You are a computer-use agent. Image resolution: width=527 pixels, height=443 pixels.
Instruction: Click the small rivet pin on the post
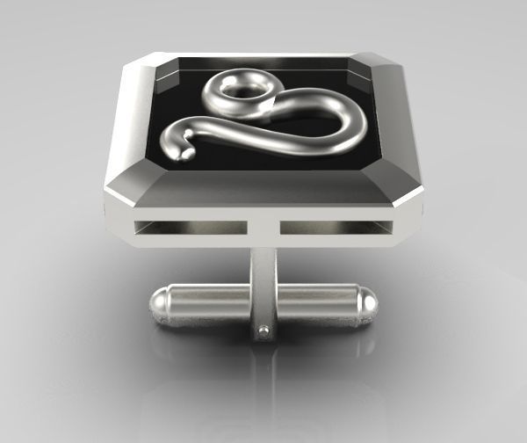[x=264, y=331]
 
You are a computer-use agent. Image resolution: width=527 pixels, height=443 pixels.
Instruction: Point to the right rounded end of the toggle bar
[x=368, y=303]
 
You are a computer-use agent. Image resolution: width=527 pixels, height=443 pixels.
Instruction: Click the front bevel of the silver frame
[x=263, y=189]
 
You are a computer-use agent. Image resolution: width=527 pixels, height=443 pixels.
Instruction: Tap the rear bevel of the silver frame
[x=263, y=54]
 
